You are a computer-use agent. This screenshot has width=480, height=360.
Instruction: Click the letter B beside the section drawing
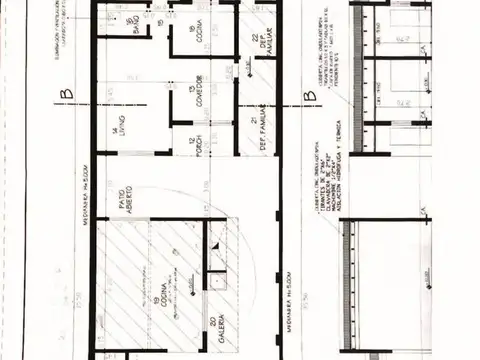click(308, 97)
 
